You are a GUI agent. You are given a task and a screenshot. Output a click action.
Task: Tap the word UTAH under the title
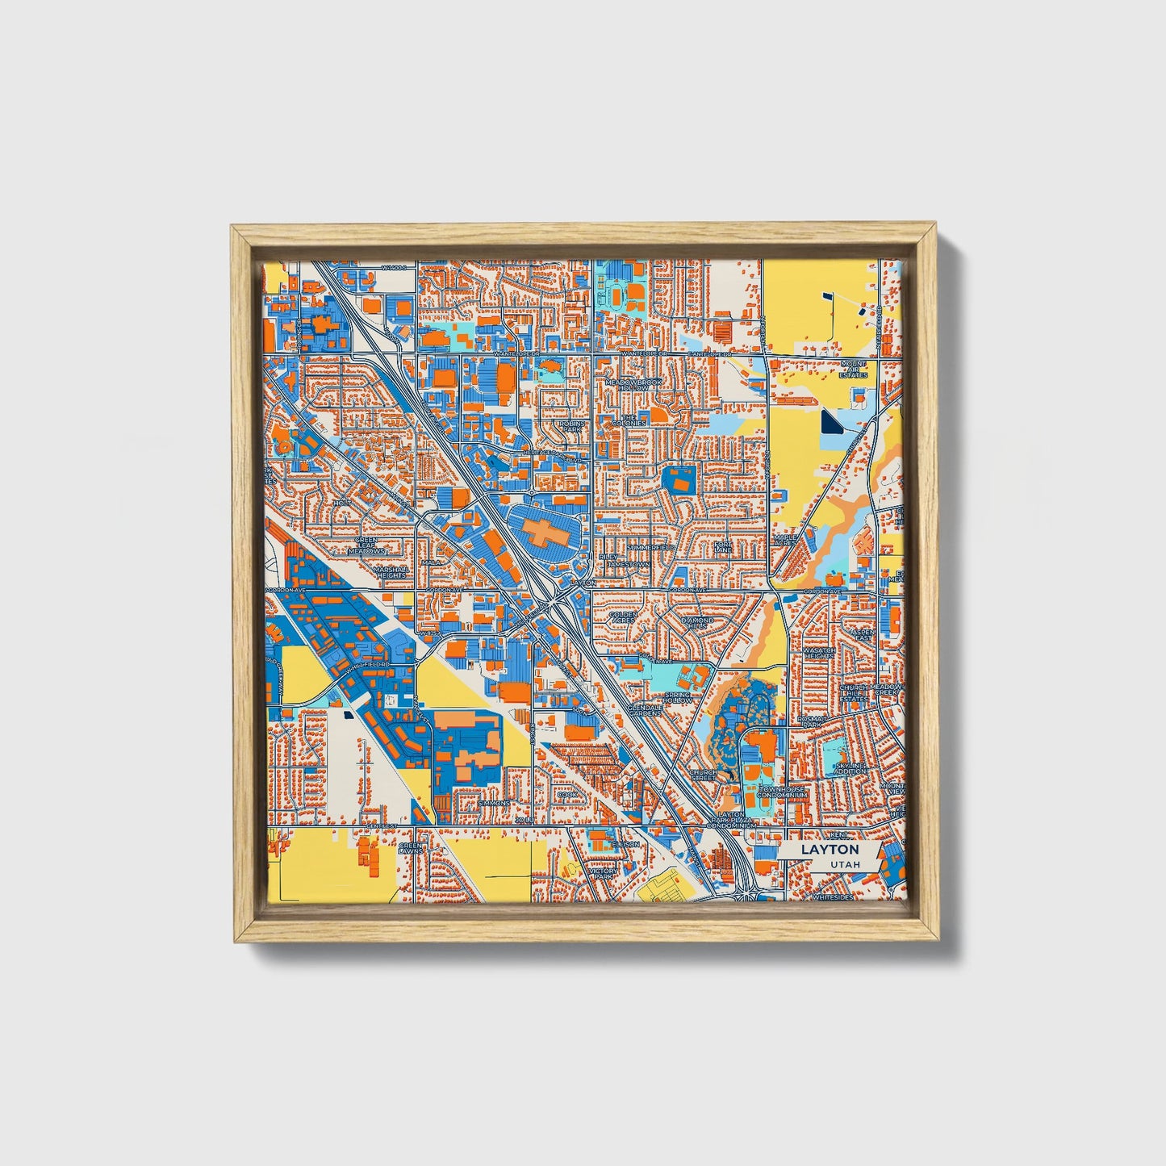click(844, 864)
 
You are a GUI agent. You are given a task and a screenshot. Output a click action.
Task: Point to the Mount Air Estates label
click(853, 370)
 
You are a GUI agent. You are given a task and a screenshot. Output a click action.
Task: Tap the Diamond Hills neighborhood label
click(698, 624)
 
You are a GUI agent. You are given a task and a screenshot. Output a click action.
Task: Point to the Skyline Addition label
click(850, 767)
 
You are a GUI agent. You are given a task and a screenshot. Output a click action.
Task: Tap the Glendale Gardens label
click(645, 709)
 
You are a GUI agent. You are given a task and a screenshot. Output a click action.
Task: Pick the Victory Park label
click(604, 875)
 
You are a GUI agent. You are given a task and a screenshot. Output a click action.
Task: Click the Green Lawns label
click(411, 848)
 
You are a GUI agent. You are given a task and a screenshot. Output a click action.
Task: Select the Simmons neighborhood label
click(494, 804)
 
